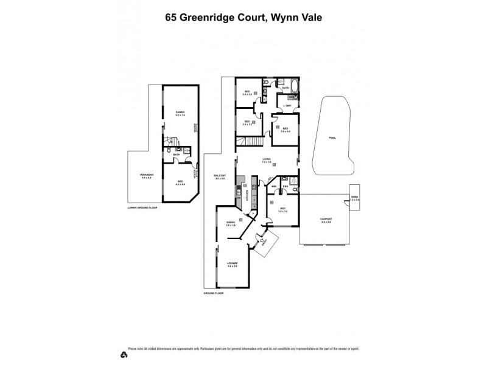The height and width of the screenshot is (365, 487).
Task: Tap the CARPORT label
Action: pyautogui.click(x=326, y=221)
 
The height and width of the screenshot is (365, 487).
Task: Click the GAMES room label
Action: pyautogui.click(x=180, y=113)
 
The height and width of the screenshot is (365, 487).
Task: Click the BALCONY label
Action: pyautogui.click(x=220, y=177)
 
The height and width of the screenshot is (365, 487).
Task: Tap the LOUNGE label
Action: pyautogui.click(x=232, y=264)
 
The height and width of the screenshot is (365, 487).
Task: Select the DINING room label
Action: pyautogui.click(x=231, y=224)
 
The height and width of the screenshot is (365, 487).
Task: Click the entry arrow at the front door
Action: pyautogui.click(x=262, y=242)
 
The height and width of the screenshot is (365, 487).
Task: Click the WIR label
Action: pyautogui.click(x=275, y=186)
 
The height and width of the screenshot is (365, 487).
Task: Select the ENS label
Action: pyautogui.click(x=285, y=186)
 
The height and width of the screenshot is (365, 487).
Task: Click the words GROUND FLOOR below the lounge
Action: pyautogui.click(x=214, y=293)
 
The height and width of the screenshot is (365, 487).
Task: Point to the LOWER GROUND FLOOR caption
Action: pyautogui.click(x=142, y=207)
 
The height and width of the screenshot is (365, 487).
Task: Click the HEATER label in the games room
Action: pyautogui.click(x=195, y=128)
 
